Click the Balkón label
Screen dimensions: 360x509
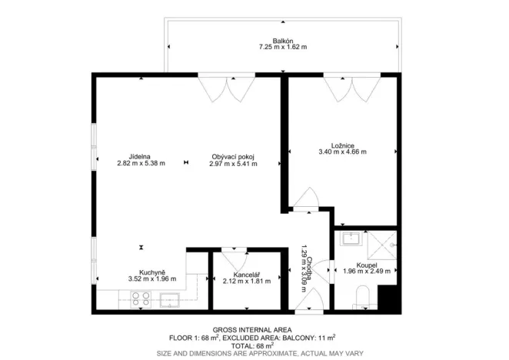coord(282,41)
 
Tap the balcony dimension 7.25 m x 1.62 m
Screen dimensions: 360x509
coord(282,48)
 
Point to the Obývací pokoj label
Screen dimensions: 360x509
coord(232,156)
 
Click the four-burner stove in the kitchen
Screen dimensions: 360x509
coord(141,299)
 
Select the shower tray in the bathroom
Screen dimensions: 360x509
coord(382,242)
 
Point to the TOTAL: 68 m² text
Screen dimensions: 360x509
coord(254,345)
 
